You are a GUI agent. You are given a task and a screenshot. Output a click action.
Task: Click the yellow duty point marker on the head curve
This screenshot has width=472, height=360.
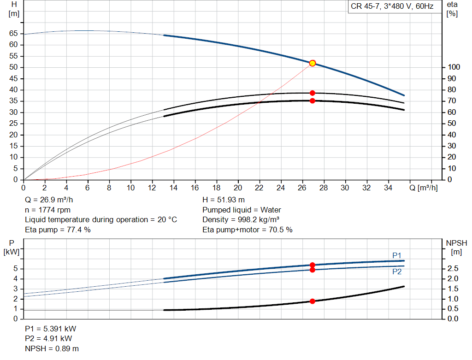(313, 63)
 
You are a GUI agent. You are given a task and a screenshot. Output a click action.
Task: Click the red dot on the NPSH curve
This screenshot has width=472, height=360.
(313, 301)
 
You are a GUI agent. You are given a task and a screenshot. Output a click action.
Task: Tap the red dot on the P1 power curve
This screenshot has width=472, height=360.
(313, 265)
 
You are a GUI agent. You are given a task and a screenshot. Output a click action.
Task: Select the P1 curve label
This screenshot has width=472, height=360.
(397, 255)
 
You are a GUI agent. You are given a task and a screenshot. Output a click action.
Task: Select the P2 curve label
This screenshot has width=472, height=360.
(397, 272)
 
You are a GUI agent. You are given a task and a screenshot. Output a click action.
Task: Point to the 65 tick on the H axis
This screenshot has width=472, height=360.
(13, 33)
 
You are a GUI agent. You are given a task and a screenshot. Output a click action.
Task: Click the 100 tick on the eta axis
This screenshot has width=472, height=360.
(454, 67)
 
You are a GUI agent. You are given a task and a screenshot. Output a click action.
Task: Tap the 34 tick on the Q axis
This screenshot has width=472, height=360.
(388, 188)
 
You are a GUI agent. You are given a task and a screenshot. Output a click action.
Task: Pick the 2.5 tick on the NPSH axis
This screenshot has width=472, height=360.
(453, 268)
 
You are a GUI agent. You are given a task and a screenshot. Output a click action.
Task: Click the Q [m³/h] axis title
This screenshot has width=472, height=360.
(424, 188)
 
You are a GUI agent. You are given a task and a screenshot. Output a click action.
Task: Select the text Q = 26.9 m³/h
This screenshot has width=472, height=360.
(49, 200)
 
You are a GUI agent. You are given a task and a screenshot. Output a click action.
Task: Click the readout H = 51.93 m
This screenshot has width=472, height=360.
(224, 200)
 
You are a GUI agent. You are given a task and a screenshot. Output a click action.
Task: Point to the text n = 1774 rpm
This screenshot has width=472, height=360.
(48, 210)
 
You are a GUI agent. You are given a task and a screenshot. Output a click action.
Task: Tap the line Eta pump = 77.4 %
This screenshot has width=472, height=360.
(58, 230)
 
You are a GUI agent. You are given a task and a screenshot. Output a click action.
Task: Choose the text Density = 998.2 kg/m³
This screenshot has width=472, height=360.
(241, 220)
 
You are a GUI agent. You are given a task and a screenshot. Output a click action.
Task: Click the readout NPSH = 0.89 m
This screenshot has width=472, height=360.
(52, 348)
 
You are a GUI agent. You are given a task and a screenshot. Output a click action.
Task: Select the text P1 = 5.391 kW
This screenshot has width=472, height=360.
(51, 329)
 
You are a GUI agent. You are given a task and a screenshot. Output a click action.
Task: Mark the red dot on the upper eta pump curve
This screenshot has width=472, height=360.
(313, 93)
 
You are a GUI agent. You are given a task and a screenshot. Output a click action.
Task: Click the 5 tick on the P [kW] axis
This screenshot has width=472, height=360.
(16, 268)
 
